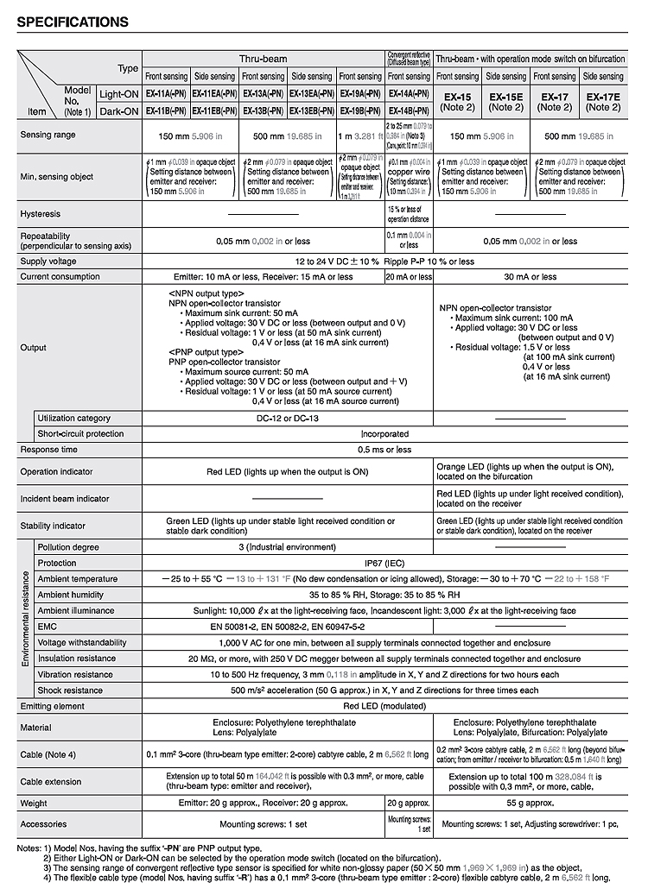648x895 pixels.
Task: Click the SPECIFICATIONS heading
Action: click(x=73, y=22)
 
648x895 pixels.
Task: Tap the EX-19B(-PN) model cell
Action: click(x=360, y=111)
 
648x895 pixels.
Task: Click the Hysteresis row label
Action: click(x=40, y=213)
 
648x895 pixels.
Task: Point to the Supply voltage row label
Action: click(x=48, y=261)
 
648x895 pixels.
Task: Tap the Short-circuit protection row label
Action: click(x=80, y=434)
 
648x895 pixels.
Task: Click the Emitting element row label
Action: click(x=52, y=706)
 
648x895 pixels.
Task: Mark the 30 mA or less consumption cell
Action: click(x=530, y=277)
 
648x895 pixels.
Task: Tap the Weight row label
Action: click(x=34, y=804)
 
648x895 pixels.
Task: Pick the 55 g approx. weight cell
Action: click(x=530, y=804)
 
